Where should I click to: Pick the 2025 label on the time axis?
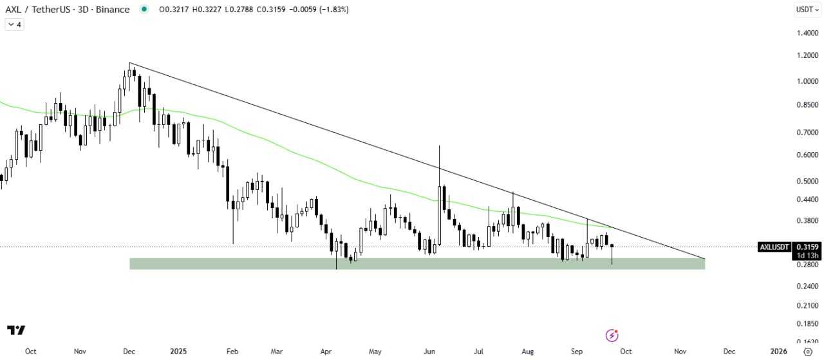point(178,352)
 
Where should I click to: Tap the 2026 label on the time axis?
point(778,352)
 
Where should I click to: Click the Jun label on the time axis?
point(429,352)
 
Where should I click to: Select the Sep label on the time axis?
point(577,352)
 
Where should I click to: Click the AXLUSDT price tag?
point(774,247)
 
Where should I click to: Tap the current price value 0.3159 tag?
point(807,247)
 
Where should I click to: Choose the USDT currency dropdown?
point(807,10)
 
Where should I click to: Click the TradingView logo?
point(17,330)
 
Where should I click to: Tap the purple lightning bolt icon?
point(612,336)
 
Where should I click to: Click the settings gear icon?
point(808,352)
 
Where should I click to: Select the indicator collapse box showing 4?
point(14,24)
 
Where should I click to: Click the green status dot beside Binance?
point(144,10)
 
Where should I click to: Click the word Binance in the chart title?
point(115,10)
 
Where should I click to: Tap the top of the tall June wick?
point(439,146)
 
